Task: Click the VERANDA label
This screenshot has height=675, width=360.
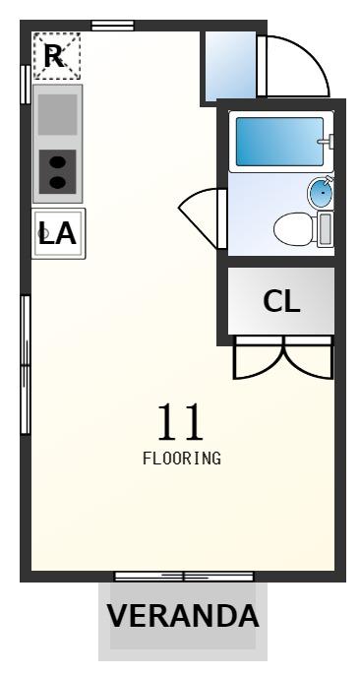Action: point(182,616)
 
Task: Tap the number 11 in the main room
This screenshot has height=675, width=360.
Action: point(180,422)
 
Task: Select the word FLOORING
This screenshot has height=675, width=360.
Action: point(182,459)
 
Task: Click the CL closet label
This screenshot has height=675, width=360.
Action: point(281,301)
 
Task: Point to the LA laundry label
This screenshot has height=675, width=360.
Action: point(57,233)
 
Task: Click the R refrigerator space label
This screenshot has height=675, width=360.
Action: point(54,56)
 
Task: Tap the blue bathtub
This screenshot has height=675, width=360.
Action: point(279,142)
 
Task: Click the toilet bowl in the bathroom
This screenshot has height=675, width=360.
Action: point(293,229)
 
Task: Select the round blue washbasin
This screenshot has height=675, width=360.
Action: point(320,193)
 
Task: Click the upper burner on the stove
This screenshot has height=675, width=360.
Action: point(57,162)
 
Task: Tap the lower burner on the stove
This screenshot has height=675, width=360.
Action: point(57,183)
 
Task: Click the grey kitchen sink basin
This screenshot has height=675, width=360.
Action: point(57,114)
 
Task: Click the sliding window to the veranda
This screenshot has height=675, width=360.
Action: point(184,576)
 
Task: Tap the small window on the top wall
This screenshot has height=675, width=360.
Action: point(112,26)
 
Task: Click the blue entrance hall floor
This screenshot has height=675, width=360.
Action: point(230,66)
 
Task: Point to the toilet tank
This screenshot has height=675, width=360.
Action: point(325,229)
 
